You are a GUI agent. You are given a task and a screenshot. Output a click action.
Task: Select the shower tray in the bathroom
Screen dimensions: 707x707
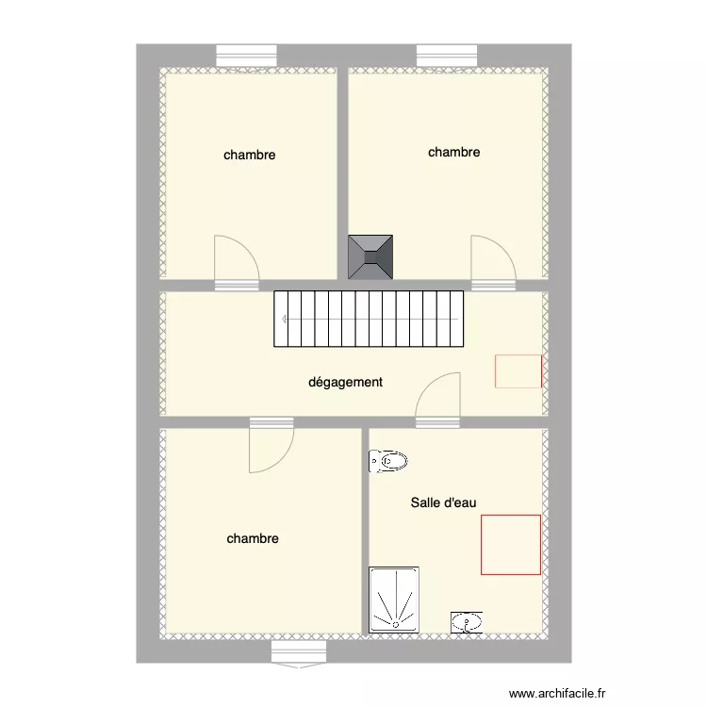coord(396,599)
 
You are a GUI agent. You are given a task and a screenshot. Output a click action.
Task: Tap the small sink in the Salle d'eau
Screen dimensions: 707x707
coord(467,621)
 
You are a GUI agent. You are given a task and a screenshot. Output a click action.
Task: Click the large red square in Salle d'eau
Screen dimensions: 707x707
coord(511,544)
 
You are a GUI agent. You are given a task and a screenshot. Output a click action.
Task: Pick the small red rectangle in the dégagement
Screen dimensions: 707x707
coord(518,370)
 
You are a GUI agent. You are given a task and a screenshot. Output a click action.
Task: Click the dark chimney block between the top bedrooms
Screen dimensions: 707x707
coord(371,256)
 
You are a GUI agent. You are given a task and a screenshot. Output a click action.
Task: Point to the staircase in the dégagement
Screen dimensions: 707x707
coord(370,319)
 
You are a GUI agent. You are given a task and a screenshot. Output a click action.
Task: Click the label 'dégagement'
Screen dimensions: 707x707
coord(346,383)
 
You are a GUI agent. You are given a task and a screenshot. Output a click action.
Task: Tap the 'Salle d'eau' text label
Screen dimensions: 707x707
coord(443,503)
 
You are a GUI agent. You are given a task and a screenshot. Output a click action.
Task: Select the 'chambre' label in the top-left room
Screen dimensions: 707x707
coord(250,155)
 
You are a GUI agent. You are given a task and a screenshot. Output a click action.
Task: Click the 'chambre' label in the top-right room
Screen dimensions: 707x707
coord(454,152)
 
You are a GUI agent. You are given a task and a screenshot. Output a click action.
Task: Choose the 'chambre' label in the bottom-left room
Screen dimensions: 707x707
coord(253,539)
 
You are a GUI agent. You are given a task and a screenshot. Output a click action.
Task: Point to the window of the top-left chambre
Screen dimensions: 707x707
coord(246,57)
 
